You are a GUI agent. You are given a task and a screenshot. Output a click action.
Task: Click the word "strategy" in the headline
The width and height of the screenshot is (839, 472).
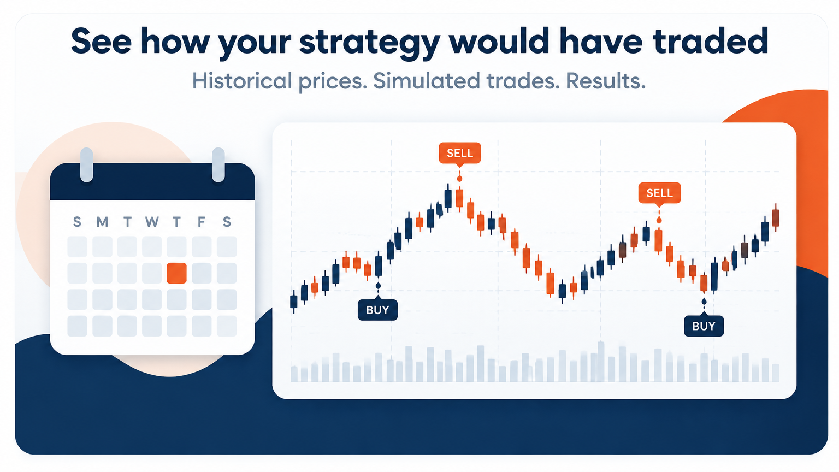pos(369,43)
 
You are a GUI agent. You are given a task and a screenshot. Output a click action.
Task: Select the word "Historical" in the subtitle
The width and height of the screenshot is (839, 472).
pos(242,80)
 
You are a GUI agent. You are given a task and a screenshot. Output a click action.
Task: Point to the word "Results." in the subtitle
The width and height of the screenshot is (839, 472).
pos(606,80)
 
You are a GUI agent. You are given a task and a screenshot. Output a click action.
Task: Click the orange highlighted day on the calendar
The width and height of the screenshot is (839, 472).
pos(176,273)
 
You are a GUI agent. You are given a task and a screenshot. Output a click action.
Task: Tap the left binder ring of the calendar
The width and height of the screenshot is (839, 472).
pos(86,165)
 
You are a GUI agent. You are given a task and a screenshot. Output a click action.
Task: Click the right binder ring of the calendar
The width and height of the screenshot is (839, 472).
pos(218,165)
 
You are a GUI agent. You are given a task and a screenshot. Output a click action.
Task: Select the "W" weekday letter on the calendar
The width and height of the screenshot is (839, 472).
pos(152,222)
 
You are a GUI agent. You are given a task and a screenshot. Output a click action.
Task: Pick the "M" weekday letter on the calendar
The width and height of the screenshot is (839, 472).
pos(102,222)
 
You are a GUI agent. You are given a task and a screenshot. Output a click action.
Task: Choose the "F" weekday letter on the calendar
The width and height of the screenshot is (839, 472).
pos(202,222)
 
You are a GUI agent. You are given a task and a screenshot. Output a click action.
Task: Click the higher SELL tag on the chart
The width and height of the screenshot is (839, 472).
pos(460,153)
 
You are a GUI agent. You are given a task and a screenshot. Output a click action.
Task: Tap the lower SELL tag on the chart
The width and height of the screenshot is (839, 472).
pos(660,193)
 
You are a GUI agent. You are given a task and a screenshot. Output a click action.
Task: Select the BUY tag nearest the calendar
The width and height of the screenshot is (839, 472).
pos(377,310)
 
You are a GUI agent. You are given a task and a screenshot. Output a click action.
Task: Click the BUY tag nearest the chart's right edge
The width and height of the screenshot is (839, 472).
pos(704,326)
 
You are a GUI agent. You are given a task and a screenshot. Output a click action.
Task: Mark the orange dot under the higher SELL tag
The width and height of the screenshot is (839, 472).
pos(459,179)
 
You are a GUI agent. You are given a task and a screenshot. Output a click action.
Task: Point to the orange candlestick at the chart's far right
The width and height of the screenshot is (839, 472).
pos(776,217)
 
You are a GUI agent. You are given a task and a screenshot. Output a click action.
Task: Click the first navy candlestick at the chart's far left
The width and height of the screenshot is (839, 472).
pos(294,302)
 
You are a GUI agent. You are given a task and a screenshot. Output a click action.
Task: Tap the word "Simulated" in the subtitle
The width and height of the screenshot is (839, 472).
pos(427,80)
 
